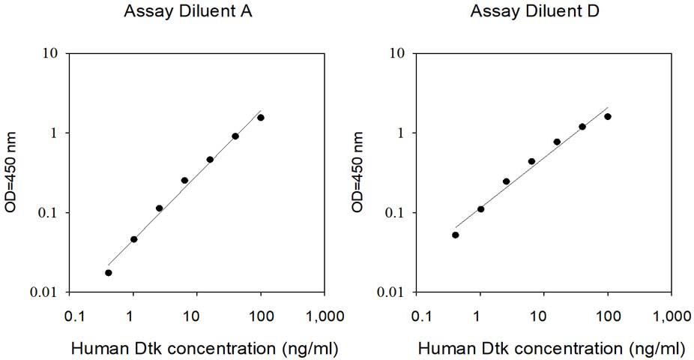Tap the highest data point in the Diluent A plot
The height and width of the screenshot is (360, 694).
[261, 117]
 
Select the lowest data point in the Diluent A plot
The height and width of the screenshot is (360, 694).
[109, 272]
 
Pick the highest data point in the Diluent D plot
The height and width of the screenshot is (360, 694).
[608, 116]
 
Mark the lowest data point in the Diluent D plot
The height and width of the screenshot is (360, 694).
[456, 235]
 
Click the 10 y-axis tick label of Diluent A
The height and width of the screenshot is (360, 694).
[52, 54]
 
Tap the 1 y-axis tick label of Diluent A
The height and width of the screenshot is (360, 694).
[55, 133]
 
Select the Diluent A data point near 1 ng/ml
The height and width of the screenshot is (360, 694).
[134, 239]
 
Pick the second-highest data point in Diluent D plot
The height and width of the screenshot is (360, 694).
[582, 127]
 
